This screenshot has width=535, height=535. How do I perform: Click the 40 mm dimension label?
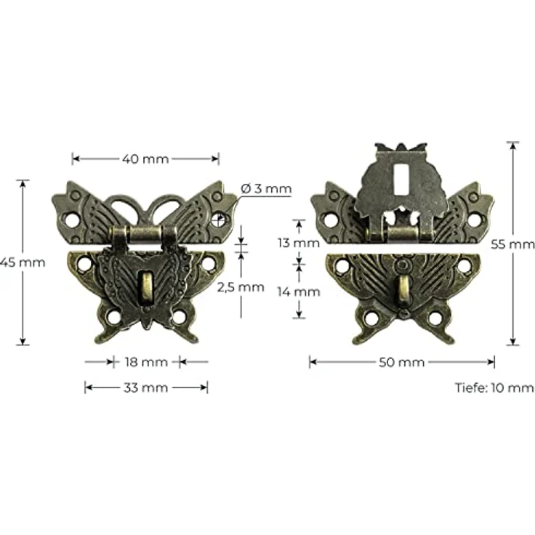145,158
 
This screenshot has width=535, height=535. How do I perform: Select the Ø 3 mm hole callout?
265,189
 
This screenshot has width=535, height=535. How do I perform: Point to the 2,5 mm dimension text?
241,286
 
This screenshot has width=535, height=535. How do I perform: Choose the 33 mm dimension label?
145,387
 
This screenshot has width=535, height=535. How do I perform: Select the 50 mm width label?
402,361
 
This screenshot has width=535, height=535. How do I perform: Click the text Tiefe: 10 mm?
494,387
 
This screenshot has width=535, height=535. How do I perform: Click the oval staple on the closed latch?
146,284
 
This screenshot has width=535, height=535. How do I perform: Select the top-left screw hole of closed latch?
72,217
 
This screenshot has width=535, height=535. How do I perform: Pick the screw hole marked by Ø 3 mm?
219,217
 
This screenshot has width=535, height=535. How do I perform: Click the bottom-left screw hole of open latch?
371,318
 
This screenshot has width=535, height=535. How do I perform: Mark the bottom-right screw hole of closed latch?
178,318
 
